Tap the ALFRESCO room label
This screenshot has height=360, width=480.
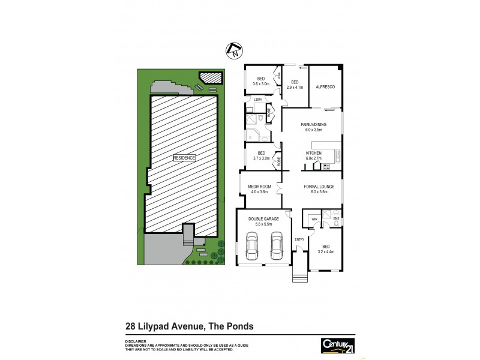coord(325,87)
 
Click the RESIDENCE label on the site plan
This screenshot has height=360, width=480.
coord(184,158)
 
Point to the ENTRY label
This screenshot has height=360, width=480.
coord(299,239)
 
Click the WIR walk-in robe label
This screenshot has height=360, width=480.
coord(314,220)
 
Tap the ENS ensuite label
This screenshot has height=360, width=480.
coord(336,218)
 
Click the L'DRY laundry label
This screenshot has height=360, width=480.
coord(258,99)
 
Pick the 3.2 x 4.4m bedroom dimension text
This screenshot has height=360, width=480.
coord(325,251)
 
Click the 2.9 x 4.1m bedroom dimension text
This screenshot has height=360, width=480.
coord(295,88)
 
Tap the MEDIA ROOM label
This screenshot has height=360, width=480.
coord(260,187)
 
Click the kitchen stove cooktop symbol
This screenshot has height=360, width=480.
coord(326,166)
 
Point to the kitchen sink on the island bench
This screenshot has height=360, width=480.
coord(337,154)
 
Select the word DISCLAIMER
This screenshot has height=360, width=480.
coord(137,340)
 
